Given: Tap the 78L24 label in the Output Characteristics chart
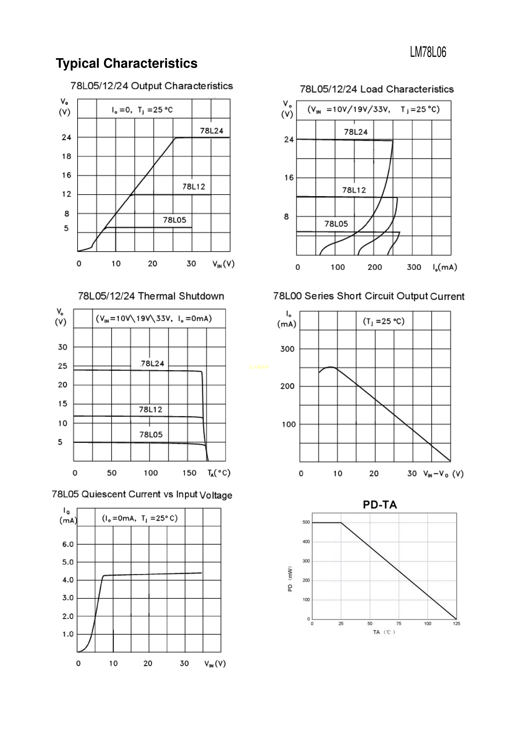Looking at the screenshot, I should pyautogui.click(x=212, y=131).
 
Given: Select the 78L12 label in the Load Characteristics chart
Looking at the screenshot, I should pyautogui.click(x=354, y=190).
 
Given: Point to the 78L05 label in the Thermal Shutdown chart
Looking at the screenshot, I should pyautogui.click(x=151, y=434).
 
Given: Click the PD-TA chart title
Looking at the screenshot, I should pyautogui.click(x=380, y=505).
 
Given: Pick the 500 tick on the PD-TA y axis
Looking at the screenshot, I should pyautogui.click(x=306, y=522).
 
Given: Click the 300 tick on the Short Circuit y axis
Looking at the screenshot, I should pyautogui.click(x=287, y=349).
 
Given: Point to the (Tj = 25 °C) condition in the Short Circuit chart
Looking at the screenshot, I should pyautogui.click(x=384, y=321).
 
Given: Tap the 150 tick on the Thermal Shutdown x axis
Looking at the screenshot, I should pyautogui.click(x=189, y=473).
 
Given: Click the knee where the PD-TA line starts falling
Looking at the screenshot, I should pyautogui.click(x=341, y=523).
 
